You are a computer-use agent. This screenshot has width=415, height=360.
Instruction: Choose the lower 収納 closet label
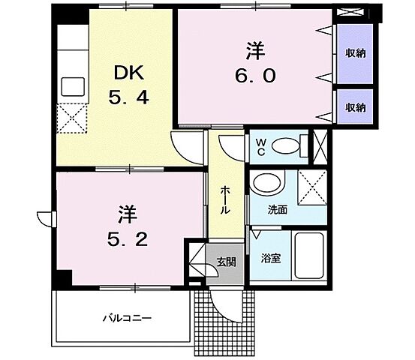coord(355,108)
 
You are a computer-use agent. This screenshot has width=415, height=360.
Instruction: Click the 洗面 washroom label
coord(278,210)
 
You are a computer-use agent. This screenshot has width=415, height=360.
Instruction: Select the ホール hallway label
coord(225,201)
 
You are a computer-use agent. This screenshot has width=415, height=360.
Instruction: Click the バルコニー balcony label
coord(128,318)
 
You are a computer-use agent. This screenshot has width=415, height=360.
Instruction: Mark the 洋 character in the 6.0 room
coord(255,52)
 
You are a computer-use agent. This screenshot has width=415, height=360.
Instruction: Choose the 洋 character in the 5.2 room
coord(126,214)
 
